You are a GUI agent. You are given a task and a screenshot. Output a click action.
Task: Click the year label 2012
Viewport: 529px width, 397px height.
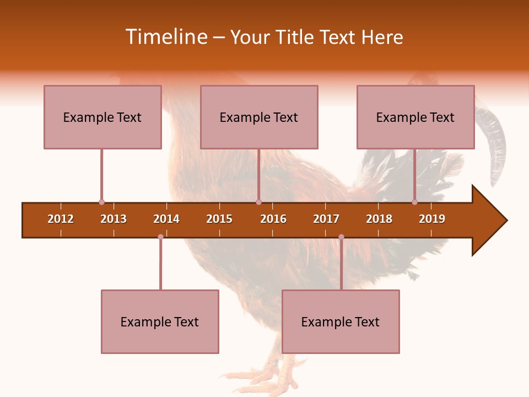point(61,219)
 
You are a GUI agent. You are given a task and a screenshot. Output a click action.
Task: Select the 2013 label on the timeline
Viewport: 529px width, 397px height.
point(114,219)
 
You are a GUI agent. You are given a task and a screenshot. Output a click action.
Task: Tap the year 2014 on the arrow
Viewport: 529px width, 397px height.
point(166,219)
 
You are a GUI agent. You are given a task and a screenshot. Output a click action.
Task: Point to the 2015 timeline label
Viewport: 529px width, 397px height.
point(219,219)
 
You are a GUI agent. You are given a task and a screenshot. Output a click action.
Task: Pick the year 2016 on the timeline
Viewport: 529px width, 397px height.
point(273,219)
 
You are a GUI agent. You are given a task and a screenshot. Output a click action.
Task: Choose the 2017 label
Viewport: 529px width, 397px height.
point(326,219)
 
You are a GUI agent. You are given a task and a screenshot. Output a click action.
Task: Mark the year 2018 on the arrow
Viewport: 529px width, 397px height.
point(379,219)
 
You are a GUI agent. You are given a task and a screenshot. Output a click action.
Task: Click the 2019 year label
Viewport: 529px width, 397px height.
point(432,219)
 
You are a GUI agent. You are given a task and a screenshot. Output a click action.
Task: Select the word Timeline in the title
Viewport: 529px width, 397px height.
point(166,37)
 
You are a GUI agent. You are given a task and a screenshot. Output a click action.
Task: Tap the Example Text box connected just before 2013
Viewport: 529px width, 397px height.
point(102,117)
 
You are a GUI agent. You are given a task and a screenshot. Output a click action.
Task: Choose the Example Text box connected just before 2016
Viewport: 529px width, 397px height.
point(259,117)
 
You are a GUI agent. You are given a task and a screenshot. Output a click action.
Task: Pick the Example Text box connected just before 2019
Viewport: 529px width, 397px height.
point(415,117)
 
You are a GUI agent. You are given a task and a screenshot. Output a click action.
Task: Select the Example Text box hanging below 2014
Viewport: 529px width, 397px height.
point(160,321)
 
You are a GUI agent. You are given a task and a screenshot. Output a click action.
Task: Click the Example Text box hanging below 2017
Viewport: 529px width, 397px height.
point(341,321)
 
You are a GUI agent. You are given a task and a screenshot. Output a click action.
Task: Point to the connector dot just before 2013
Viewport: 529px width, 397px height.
point(101,202)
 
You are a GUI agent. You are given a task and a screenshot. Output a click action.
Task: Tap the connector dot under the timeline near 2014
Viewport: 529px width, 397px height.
point(160,237)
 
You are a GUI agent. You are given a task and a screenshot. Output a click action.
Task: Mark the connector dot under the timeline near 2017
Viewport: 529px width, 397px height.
point(341,237)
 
